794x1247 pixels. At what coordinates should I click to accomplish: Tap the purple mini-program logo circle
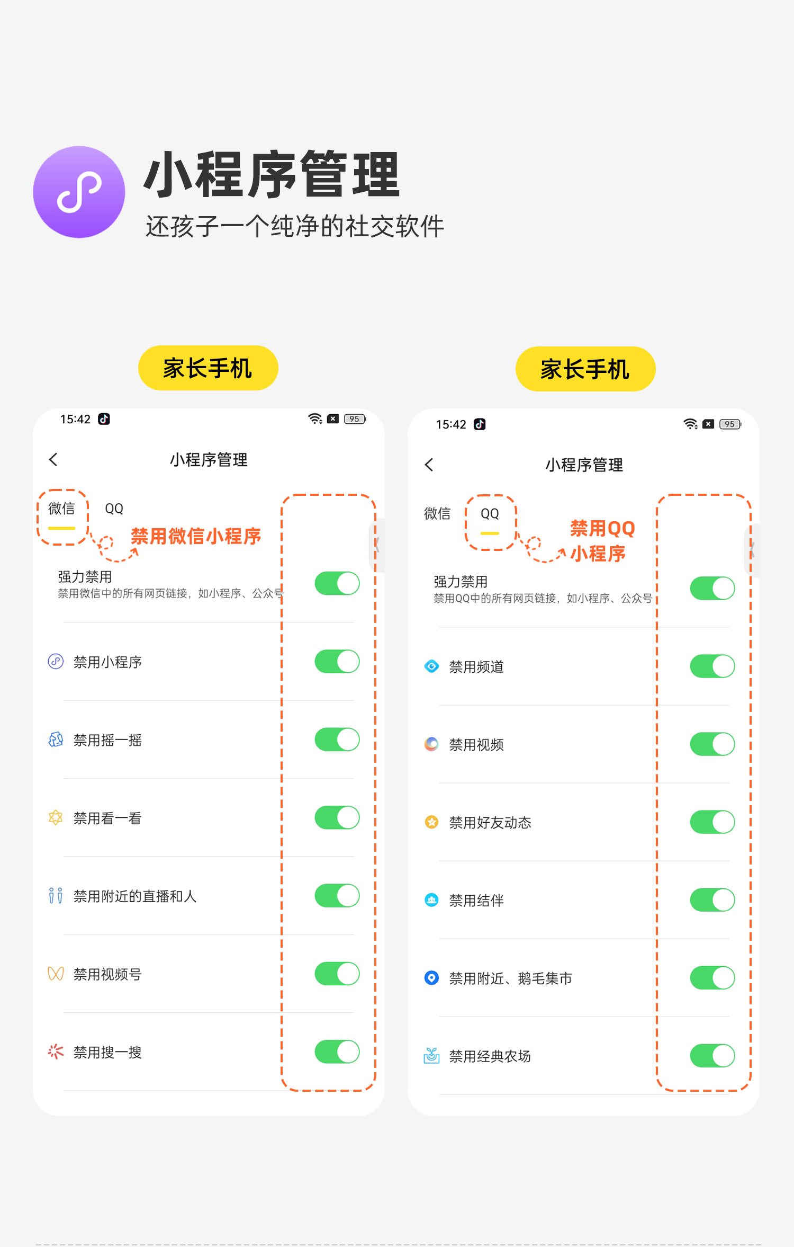(x=79, y=192)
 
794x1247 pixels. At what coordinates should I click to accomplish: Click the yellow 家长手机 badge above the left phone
(x=208, y=368)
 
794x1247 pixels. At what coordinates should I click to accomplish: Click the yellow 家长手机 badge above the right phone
(x=585, y=369)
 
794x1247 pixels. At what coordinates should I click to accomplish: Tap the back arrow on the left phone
(x=53, y=459)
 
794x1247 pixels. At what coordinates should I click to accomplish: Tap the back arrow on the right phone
(x=429, y=465)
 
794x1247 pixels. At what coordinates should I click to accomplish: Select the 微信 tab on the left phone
(x=61, y=509)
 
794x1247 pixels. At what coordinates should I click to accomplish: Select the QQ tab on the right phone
(x=490, y=513)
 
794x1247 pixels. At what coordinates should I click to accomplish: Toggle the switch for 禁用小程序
(x=337, y=662)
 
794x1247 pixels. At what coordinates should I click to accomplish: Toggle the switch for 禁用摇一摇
(x=337, y=740)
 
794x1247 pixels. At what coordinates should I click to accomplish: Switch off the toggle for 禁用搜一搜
(x=337, y=1052)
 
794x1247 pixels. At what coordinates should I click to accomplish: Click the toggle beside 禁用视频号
(x=337, y=974)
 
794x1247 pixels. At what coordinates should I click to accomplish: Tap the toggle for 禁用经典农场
(x=712, y=1056)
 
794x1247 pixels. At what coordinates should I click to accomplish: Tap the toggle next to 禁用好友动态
(x=712, y=822)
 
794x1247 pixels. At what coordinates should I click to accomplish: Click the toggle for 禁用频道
(x=712, y=666)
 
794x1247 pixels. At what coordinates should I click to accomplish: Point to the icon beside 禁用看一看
(x=56, y=817)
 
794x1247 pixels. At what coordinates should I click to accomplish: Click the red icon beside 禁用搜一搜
(x=56, y=1052)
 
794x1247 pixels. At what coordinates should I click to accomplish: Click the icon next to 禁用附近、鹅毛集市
(x=432, y=978)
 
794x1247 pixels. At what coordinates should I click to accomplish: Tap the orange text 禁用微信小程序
(x=196, y=536)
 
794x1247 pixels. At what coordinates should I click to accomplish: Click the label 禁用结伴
(x=476, y=901)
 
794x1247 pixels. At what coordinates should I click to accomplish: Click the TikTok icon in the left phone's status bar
(x=104, y=419)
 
